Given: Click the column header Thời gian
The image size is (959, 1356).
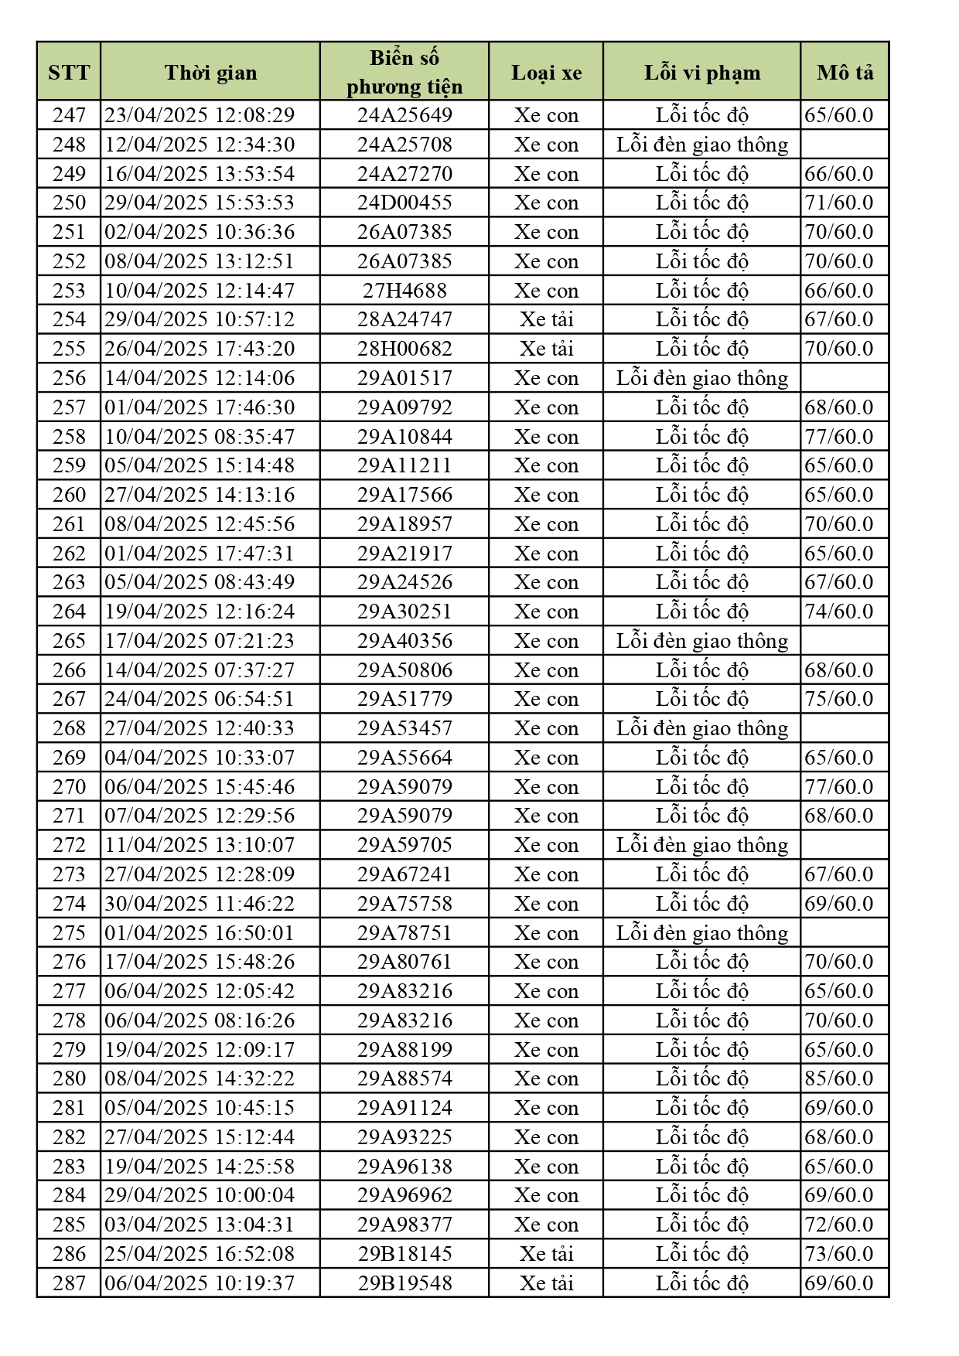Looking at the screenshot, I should click(x=210, y=73).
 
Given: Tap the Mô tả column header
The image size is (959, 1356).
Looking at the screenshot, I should click(x=845, y=73).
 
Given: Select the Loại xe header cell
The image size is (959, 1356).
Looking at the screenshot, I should click(x=546, y=73).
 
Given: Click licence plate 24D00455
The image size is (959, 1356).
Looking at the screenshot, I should click(x=404, y=203).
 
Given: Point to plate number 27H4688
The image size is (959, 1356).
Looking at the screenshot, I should click(x=404, y=291).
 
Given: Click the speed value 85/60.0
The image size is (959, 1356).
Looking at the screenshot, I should click(x=839, y=1078).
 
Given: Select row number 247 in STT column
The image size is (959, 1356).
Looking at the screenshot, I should click(x=69, y=115).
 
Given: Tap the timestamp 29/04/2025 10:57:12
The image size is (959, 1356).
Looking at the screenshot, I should click(x=200, y=319).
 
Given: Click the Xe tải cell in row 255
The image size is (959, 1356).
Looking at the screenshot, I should click(x=546, y=349).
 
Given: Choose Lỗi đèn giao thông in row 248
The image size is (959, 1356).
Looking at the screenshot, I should click(x=701, y=145).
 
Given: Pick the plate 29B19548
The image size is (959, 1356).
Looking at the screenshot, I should click(x=404, y=1283).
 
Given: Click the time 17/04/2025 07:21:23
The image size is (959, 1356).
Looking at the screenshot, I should click(x=200, y=641).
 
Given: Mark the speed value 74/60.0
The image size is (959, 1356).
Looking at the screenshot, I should click(x=839, y=612).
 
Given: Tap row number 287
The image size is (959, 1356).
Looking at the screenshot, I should click(x=69, y=1283).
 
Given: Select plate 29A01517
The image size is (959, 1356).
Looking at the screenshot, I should click(x=404, y=378).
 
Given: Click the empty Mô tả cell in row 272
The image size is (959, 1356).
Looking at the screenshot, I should click(x=845, y=845).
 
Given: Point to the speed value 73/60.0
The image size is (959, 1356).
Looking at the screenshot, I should click(x=839, y=1254).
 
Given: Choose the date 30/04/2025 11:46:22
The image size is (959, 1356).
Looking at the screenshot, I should click(x=200, y=904).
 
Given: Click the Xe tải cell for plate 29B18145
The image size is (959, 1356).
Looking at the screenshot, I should click(x=546, y=1254).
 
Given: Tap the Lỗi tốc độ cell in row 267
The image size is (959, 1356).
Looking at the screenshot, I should click(x=701, y=699).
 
